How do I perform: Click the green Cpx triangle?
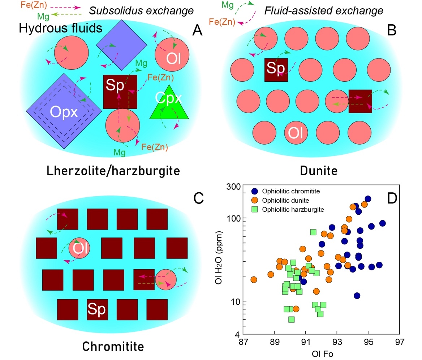point(169,105)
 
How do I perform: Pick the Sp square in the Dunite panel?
point(276,69)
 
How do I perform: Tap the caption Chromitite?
point(113,346)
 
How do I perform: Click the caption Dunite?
point(319,170)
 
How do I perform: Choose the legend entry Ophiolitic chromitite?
point(286,191)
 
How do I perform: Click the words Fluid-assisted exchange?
point(324,11)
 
